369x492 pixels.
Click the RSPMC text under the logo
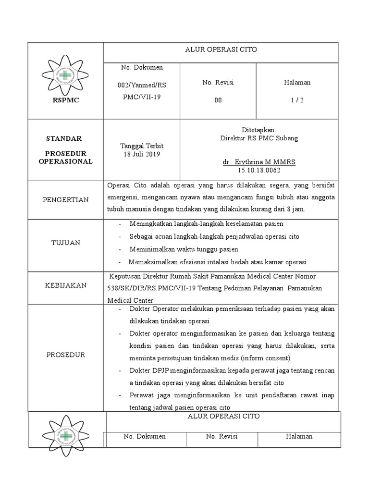66,100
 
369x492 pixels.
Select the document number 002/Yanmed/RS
142,85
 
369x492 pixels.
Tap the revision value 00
218,100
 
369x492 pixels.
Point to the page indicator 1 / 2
297,100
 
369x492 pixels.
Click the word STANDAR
64,138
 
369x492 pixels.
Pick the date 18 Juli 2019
141,154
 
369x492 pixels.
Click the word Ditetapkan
259,130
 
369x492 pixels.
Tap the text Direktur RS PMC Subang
259,138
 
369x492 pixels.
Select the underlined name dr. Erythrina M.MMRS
259,162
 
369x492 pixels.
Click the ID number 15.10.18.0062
259,171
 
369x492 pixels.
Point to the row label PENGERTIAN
66,200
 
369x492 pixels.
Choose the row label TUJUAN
66,243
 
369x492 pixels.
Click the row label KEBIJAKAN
66,285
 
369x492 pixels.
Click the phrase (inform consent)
266,358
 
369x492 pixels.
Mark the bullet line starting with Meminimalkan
184,249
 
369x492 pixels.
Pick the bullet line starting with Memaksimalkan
217,262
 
